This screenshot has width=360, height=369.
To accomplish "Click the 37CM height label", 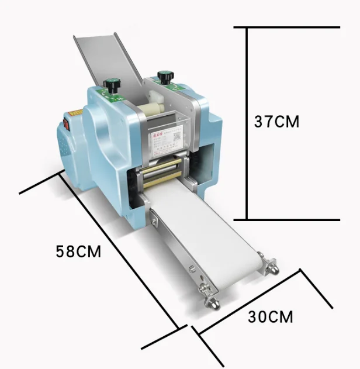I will pyautogui.click(x=276, y=122).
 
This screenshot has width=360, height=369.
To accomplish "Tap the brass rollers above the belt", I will pyautogui.click(x=161, y=173).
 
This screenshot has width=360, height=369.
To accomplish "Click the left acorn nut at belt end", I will pyautogui.click(x=212, y=303).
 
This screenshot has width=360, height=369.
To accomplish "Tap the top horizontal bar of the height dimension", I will pyautogui.click(x=286, y=27).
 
